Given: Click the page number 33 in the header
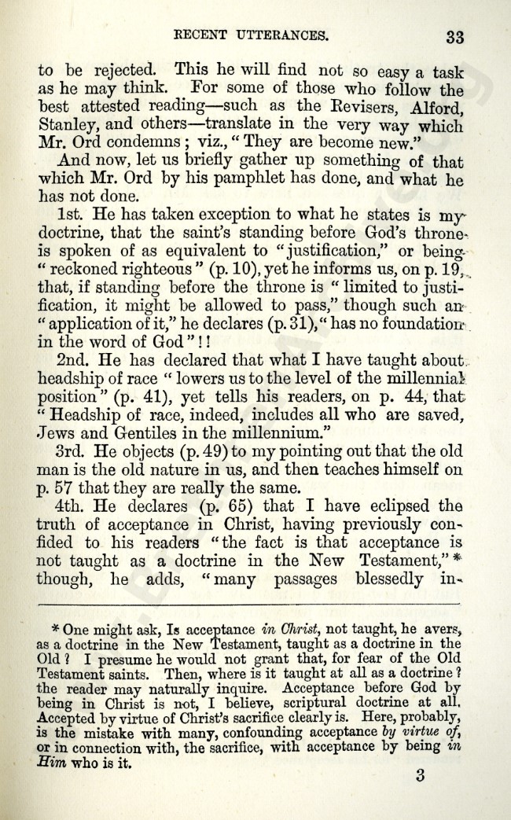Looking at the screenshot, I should coord(454,36).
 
